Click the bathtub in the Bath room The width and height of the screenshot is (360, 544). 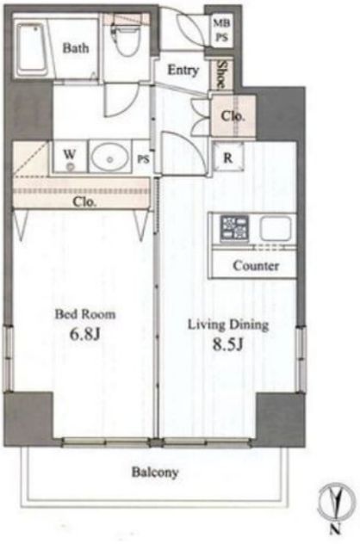click(32, 49)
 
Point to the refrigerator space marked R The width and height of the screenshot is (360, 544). click(227, 158)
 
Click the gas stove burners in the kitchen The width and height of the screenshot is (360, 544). click(234, 228)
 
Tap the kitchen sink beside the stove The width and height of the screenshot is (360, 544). click(276, 228)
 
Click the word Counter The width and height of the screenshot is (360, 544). click(256, 266)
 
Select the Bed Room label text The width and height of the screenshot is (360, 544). click(85, 314)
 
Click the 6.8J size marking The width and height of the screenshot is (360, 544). click(85, 334)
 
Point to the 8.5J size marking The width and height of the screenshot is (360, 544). click(227, 344)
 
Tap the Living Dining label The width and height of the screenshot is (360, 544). click(228, 325)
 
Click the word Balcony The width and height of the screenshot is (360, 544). click(155, 473)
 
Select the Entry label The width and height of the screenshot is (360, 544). click(183, 71)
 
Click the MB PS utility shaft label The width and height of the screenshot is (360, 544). click(221, 30)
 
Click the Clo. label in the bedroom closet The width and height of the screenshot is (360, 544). click(84, 201)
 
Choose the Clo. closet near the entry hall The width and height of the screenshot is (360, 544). click(233, 116)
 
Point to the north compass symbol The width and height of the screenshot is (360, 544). click(336, 502)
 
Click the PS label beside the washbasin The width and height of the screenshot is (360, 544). click(143, 159)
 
